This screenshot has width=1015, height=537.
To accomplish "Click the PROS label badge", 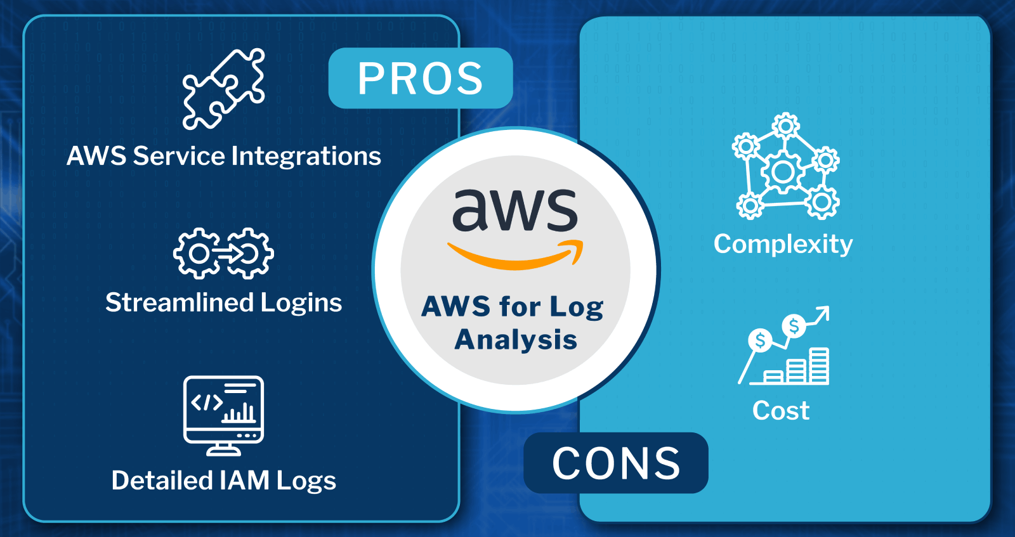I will point(420,79).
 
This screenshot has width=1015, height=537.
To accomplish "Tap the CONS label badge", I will point(615,463).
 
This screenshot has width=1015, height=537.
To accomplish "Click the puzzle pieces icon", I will point(223,89).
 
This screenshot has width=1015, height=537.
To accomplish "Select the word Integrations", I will point(306,157).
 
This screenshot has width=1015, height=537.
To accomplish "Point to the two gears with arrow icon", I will point(223,254).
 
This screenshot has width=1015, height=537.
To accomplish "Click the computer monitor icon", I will point(223,415).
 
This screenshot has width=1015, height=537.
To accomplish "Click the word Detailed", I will point(162,481).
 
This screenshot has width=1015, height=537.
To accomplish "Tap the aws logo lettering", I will point(514,210).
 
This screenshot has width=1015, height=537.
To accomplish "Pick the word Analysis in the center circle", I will point(516,340).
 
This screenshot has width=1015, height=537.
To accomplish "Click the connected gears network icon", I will point(785,167).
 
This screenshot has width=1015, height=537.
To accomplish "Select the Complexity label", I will point(783,244).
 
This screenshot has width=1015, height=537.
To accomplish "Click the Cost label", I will point(781,411).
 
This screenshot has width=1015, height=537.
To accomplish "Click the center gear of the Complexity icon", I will point(783,172).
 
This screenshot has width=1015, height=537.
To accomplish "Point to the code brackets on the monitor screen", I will point(207,402).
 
